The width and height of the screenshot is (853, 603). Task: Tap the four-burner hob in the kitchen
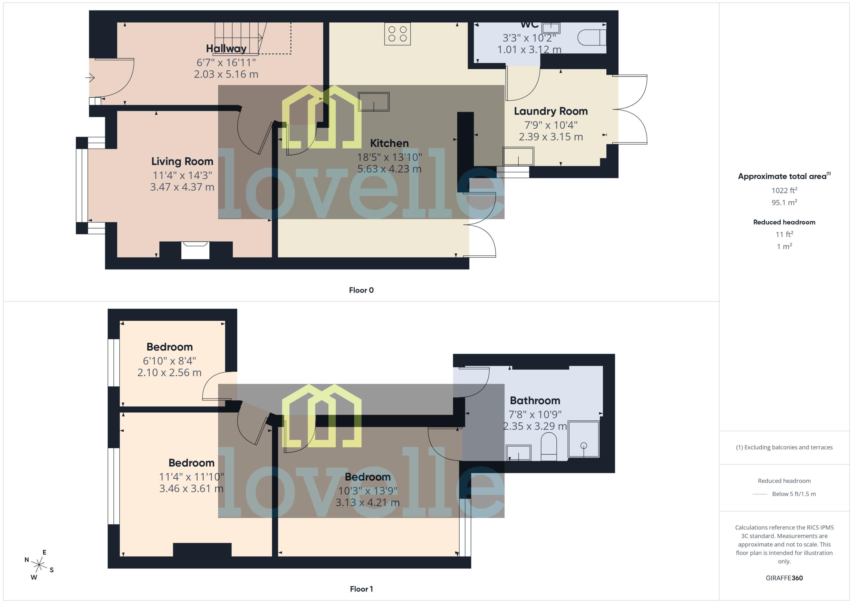tap(397, 34)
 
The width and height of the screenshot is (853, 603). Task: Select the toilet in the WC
tap(592, 37)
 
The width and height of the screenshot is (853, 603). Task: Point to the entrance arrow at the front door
tap(90, 78)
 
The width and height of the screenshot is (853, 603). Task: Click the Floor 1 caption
tap(361, 589)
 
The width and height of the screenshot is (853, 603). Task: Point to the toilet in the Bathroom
tap(549, 448)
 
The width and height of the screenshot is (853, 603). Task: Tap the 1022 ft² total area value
tap(784, 190)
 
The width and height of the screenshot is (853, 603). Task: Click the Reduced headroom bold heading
tap(784, 222)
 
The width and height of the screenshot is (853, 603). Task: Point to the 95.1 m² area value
tap(784, 202)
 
